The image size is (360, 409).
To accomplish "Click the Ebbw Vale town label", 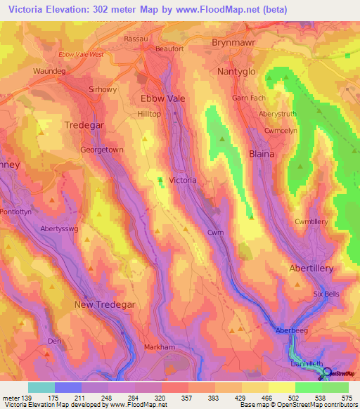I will click(x=163, y=98).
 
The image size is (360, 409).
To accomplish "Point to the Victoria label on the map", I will click(x=183, y=181).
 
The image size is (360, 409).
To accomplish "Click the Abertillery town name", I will click(x=311, y=268).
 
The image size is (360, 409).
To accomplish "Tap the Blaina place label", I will click(x=262, y=153).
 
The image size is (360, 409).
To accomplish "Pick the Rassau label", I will click(x=136, y=39).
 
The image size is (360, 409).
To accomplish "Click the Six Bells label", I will click(x=327, y=294).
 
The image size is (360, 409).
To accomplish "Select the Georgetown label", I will click(x=102, y=150).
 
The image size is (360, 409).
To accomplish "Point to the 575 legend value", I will click(x=346, y=397).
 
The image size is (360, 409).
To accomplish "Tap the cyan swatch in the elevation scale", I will click(x=41, y=387).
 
